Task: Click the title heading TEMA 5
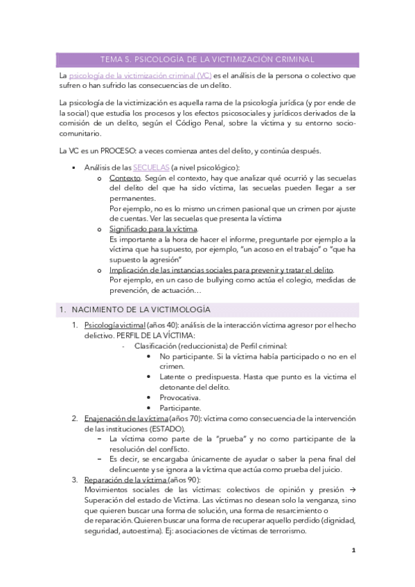207,60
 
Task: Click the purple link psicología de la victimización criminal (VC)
141,75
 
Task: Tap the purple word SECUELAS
151,168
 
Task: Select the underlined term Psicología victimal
115,325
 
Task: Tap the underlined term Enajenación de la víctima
126,418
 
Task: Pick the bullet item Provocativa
180,397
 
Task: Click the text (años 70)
184,418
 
